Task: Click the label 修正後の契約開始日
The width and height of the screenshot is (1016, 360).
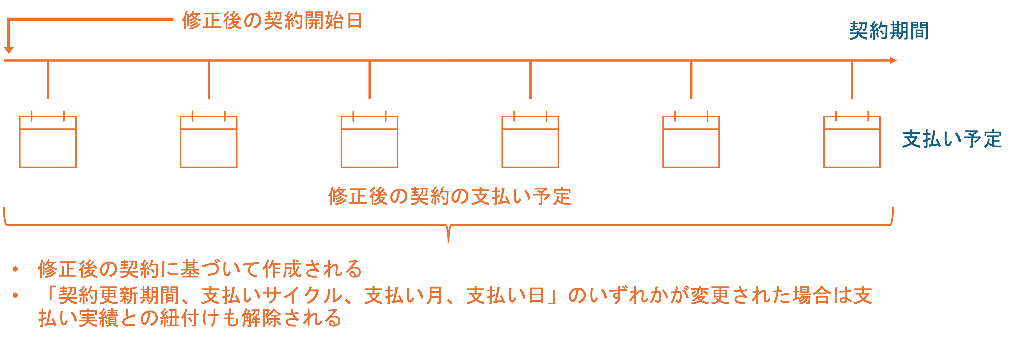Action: (272, 21)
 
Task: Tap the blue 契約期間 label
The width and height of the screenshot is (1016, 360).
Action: (889, 31)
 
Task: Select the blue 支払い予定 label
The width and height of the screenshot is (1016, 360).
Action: (952, 139)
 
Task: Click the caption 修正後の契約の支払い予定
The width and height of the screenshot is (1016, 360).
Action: (450, 196)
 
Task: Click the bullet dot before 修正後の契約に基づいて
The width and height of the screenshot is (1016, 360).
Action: (15, 269)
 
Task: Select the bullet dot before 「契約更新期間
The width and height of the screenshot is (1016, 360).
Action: (15, 295)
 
